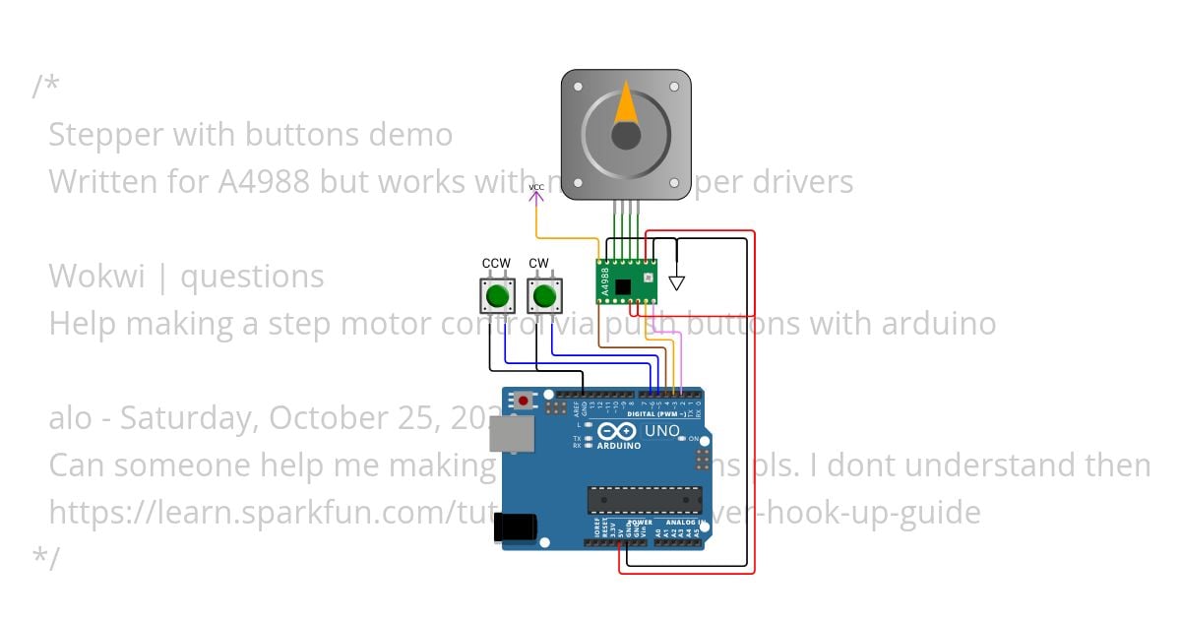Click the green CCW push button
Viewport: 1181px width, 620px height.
497,294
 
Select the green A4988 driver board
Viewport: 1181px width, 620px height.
627,280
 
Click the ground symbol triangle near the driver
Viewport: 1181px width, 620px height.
676,283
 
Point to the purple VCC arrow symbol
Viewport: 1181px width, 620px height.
536,195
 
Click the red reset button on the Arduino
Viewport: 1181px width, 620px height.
524,401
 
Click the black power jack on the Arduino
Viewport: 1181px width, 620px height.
516,528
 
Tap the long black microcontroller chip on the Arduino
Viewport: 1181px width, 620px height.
645,500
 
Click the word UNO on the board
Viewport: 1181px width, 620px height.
661,431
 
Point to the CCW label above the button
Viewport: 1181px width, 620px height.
496,263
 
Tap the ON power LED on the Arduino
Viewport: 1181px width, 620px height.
683,439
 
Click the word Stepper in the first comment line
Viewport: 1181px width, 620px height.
104,135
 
